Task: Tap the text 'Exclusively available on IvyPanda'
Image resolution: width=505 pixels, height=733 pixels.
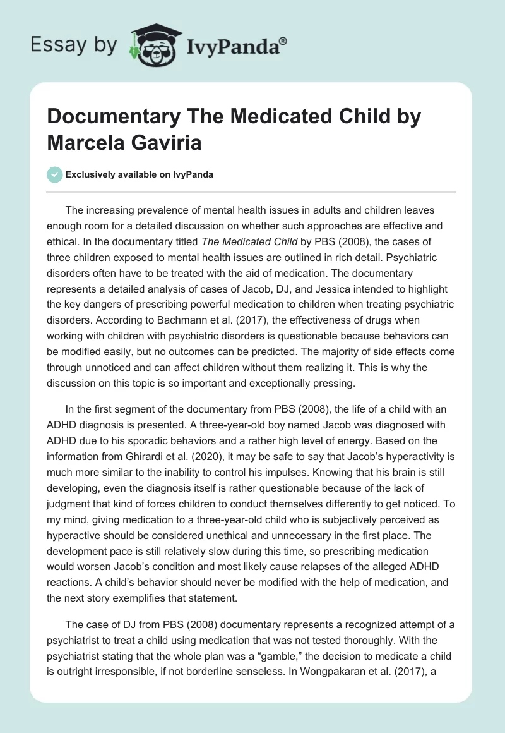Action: point(139,175)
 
